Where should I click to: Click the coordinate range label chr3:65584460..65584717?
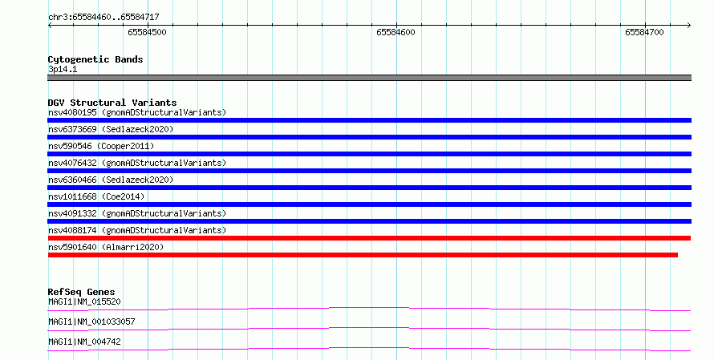pyautogui.click(x=103, y=17)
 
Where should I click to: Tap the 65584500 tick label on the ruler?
pyautogui.click(x=147, y=32)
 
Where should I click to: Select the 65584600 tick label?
pyautogui.click(x=396, y=32)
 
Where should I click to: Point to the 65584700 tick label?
pyautogui.click(x=644, y=32)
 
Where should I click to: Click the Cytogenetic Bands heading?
pyautogui.click(x=95, y=59)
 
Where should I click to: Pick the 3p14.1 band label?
pyautogui.click(x=63, y=69)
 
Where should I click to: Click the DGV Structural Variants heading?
pyautogui.click(x=112, y=103)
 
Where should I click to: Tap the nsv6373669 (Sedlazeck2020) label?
pyautogui.click(x=111, y=129)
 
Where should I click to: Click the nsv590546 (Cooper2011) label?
pyautogui.click(x=101, y=146)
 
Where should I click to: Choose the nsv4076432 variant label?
pyautogui.click(x=137, y=163)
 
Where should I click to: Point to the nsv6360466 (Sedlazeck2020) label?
pyautogui.click(x=111, y=180)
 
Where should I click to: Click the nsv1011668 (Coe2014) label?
pyautogui.click(x=96, y=196)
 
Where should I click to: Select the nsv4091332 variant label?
pyautogui.click(x=137, y=213)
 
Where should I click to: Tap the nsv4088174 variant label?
pyautogui.click(x=137, y=230)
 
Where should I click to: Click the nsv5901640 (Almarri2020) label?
pyautogui.click(x=106, y=247)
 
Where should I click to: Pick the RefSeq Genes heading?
pyautogui.click(x=82, y=292)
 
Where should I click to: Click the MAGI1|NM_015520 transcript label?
pyautogui.click(x=84, y=301)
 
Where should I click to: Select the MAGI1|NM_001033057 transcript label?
pyautogui.click(x=91, y=322)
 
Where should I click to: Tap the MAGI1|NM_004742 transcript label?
pyautogui.click(x=84, y=342)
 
